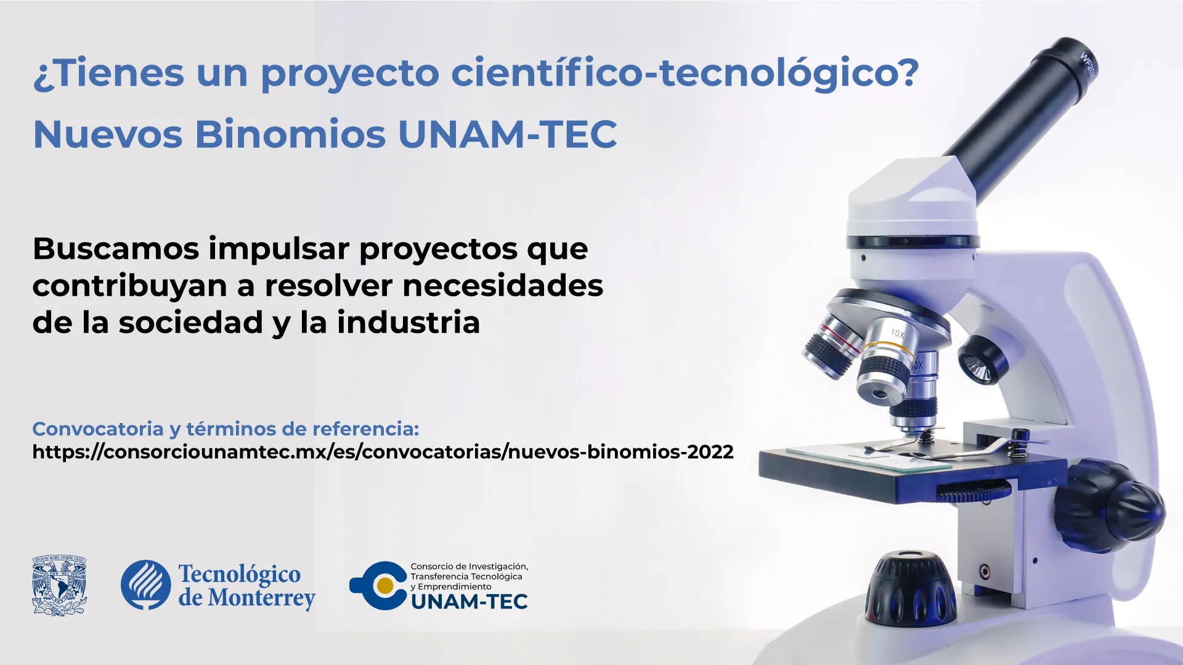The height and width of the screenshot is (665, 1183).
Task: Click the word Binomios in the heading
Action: [290, 134]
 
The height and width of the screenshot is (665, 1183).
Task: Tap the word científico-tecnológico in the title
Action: [685, 73]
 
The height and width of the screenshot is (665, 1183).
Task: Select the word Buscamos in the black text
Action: [116, 249]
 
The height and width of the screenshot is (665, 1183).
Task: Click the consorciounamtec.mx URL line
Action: [383, 452]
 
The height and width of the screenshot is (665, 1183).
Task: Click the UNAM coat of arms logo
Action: [59, 586]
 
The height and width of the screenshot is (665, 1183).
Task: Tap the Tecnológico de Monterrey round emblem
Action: [146, 585]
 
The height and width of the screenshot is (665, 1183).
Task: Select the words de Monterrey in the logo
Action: [246, 598]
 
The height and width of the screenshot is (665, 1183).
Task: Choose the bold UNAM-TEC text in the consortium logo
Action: [469, 602]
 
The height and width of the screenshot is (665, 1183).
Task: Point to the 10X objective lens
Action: [887, 363]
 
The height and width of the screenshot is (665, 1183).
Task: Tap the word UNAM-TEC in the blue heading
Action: [507, 134]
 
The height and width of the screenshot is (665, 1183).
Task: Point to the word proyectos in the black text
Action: [438, 249]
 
